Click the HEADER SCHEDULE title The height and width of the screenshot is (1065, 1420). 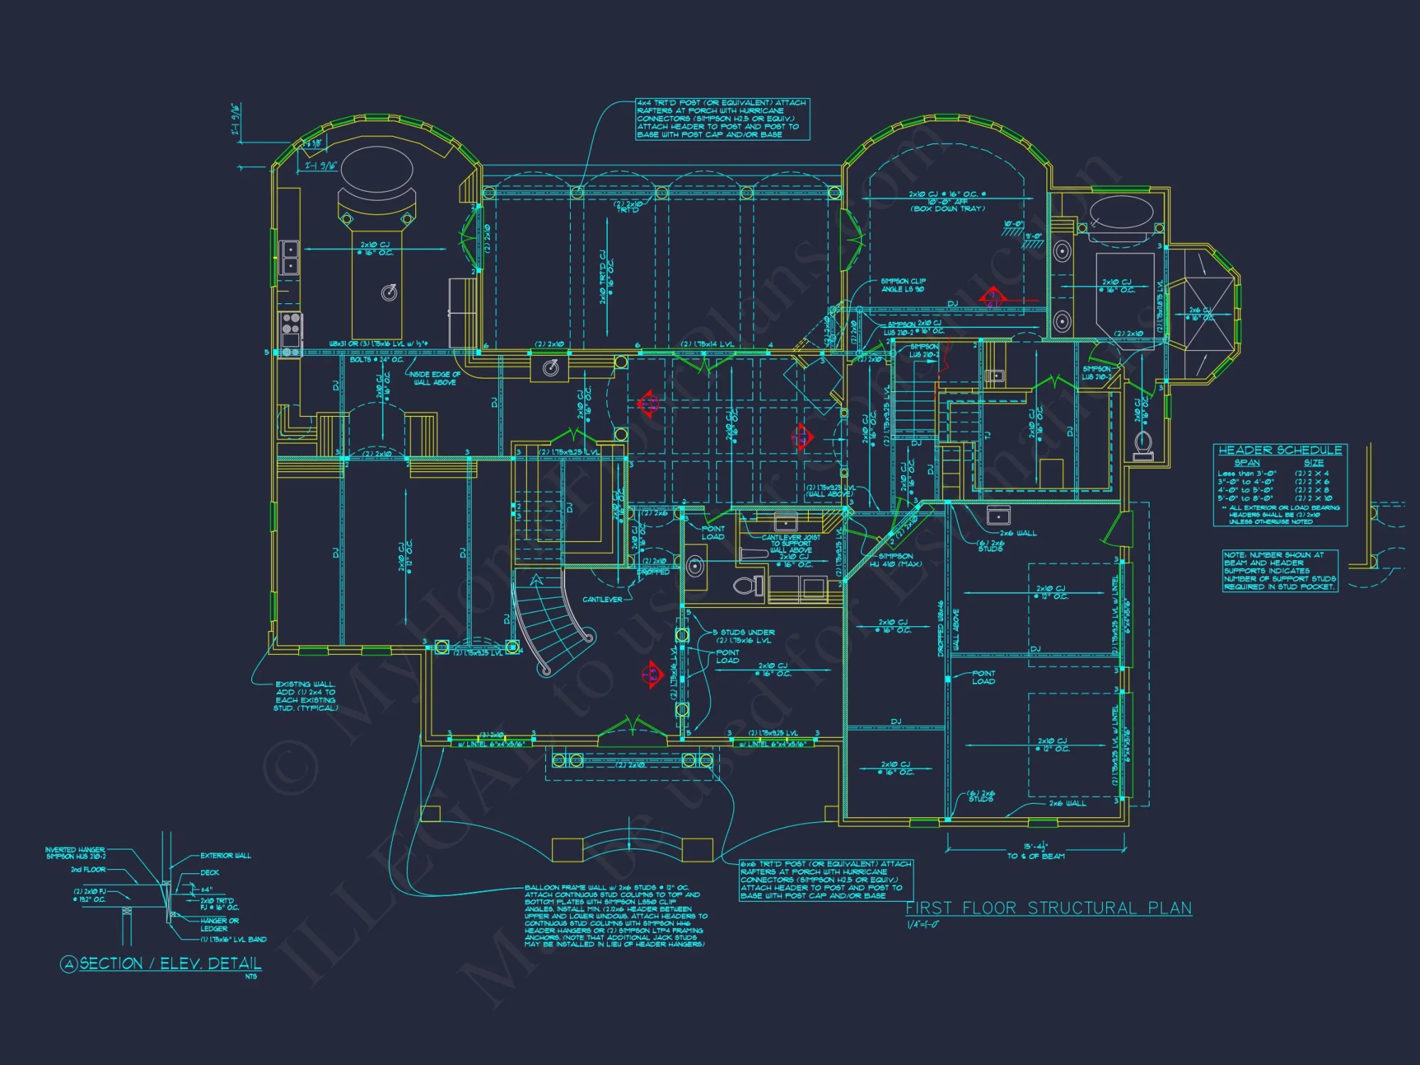coord(1279,450)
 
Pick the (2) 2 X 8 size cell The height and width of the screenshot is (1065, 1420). coord(1311,490)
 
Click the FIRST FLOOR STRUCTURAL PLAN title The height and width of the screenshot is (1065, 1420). coord(1049,908)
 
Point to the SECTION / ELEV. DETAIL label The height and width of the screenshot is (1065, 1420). coord(170,963)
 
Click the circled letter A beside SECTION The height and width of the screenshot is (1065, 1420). coord(69,964)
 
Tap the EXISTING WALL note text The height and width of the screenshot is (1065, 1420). coord(305,696)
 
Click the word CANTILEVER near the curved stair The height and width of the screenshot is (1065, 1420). coord(602,599)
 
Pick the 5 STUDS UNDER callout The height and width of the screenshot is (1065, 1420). coord(743,632)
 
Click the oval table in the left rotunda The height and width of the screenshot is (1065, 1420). coord(376,170)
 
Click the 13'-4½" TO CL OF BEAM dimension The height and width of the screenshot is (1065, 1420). coord(1036,851)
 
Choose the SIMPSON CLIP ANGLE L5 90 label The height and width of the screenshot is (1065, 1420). coord(902,285)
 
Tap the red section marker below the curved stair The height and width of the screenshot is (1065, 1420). coord(651,675)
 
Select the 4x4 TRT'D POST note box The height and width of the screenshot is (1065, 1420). coord(721,119)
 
